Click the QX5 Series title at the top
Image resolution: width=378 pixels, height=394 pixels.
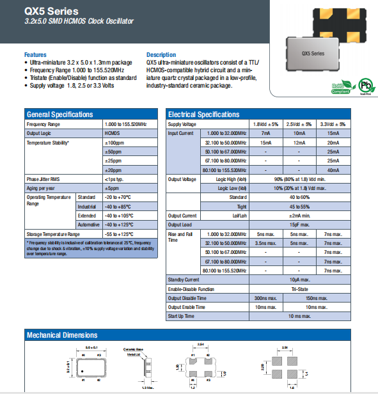click(x=53, y=11)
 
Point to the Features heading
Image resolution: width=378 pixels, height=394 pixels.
click(x=36, y=54)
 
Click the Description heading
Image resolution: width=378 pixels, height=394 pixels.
click(x=161, y=54)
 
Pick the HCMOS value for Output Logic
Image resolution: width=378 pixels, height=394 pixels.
click(x=112, y=133)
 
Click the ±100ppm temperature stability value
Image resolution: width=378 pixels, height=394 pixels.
click(x=114, y=143)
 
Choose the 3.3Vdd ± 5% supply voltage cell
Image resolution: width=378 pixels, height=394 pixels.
click(x=332, y=123)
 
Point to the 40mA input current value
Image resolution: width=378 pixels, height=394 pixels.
click(x=333, y=169)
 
